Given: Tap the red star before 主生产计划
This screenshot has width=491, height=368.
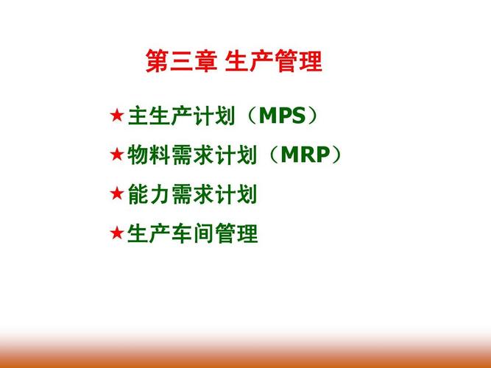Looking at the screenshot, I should pos(116,116).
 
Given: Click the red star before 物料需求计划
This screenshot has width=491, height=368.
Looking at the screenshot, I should pos(116,155).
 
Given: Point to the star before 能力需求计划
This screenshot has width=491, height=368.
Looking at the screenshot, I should pos(116,194).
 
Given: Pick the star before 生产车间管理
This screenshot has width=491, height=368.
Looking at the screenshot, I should pos(116,233).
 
